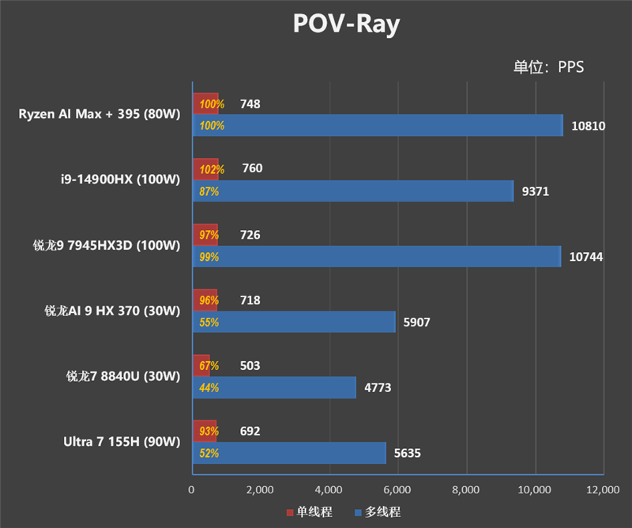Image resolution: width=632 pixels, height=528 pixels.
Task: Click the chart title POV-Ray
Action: click(346, 25)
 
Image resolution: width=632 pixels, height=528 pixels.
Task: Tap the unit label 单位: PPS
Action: click(548, 67)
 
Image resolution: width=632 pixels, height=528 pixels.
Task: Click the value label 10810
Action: click(588, 126)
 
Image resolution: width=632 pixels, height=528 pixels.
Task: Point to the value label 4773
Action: click(377, 388)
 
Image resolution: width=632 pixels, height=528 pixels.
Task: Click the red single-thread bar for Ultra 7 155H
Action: click(204, 432)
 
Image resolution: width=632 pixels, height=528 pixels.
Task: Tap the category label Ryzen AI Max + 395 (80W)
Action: click(100, 114)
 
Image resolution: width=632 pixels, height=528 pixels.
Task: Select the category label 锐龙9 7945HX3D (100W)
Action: click(102, 245)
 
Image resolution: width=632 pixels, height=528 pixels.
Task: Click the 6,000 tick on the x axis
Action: click(397, 490)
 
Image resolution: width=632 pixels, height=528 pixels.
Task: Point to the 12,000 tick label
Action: click(604, 490)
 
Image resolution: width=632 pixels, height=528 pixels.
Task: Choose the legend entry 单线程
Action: click(309, 512)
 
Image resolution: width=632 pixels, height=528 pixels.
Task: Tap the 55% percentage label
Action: click(209, 322)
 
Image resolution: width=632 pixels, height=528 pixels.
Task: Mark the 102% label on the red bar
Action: click(212, 169)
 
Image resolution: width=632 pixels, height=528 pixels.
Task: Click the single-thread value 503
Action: click(250, 366)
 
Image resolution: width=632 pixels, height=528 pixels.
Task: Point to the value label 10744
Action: click(586, 257)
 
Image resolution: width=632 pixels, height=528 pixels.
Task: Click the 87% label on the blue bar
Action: click(209, 191)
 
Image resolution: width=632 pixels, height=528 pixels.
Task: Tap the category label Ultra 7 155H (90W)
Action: click(122, 442)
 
